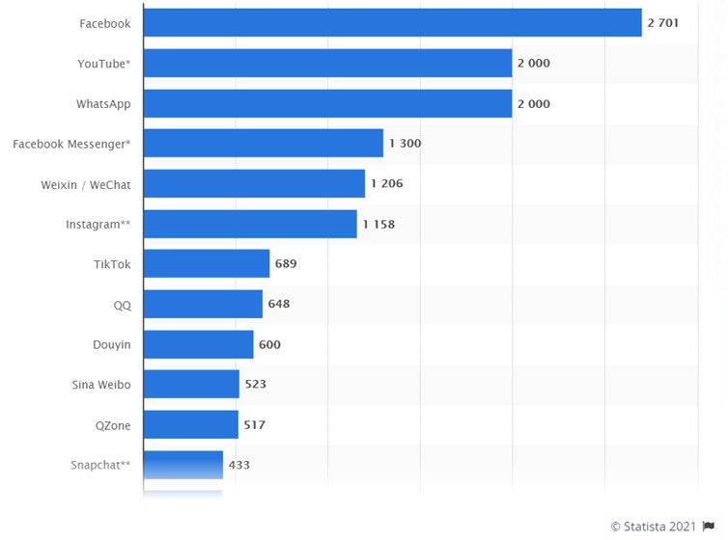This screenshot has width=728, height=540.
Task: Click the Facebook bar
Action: (392, 23)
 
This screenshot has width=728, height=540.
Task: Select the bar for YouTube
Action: (327, 64)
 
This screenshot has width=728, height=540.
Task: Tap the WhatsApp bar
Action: (327, 103)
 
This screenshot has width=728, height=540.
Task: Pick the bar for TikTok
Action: (207, 263)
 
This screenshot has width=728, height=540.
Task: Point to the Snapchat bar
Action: (183, 465)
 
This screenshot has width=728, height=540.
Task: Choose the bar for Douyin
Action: (199, 344)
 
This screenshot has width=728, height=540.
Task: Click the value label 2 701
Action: (663, 23)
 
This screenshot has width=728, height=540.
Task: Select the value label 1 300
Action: (406, 144)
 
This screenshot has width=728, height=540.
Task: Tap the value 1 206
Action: (387, 183)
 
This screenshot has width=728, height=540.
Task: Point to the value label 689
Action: (286, 263)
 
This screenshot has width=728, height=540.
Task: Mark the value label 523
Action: (255, 384)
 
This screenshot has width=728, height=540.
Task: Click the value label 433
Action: (239, 465)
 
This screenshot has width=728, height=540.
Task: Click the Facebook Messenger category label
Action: (71, 144)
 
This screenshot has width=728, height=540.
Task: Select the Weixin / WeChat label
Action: (87, 184)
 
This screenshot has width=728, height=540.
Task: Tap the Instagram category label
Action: (98, 224)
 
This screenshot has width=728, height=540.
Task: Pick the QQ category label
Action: (122, 304)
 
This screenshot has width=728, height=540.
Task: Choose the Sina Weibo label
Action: (101, 384)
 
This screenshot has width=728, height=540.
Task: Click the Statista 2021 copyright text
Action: (654, 526)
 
